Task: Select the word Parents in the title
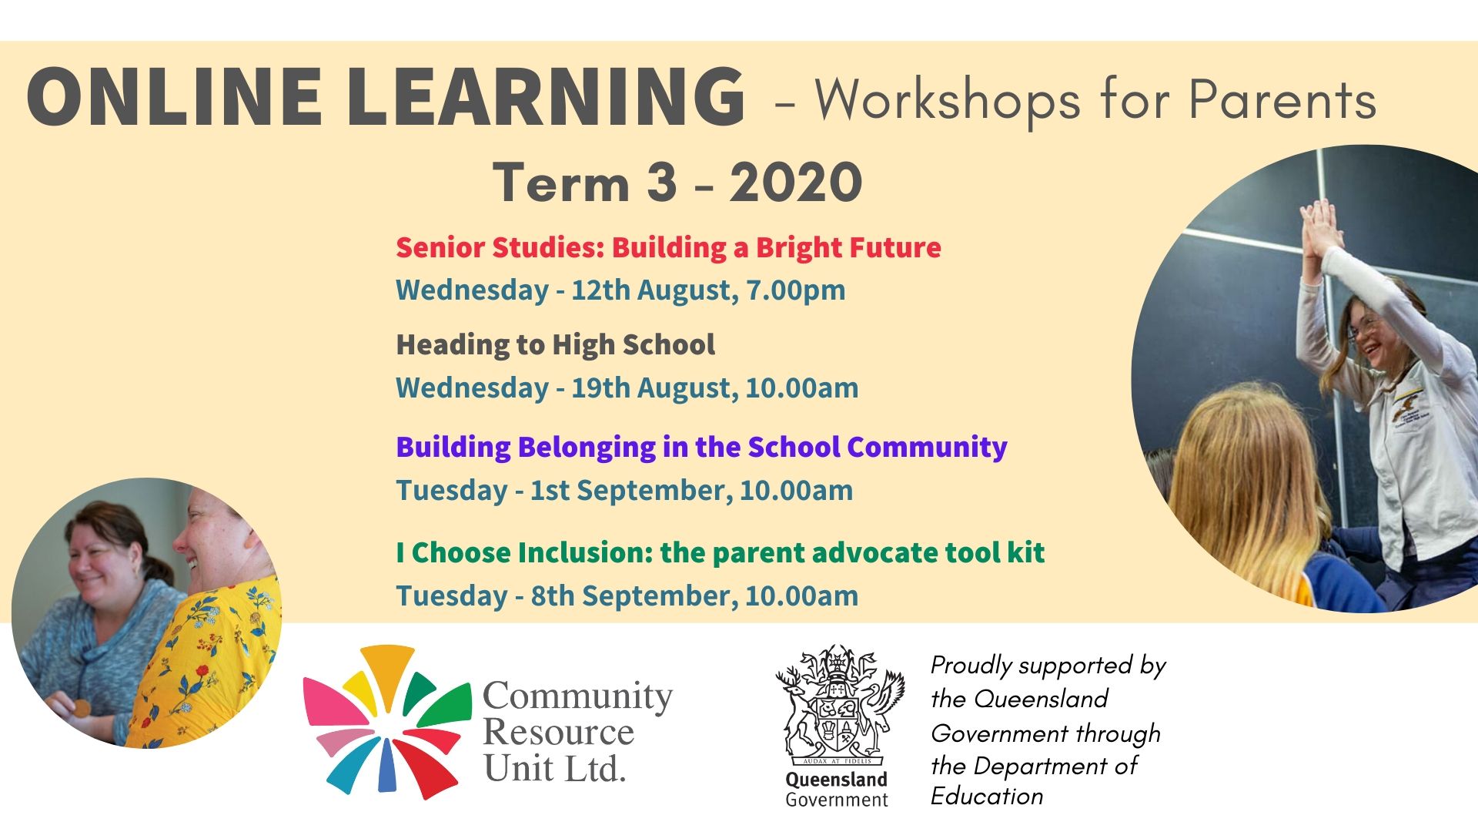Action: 1282,99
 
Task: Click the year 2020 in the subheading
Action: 796,183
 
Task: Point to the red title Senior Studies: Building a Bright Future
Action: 668,248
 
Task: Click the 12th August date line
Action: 620,290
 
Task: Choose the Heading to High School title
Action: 555,345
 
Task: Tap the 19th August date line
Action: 627,387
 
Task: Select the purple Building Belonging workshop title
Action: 701,448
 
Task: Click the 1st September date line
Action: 624,491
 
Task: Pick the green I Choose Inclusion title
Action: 721,552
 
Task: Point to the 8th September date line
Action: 627,596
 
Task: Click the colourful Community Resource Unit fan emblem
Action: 386,723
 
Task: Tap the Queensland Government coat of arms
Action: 837,705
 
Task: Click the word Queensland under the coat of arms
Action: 836,780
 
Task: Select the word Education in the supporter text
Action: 987,796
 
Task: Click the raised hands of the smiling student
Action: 1320,227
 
